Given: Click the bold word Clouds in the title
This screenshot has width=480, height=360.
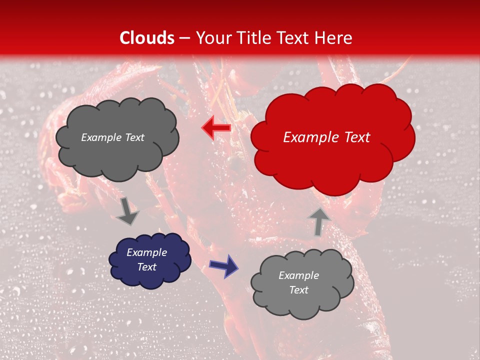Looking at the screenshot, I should [x=147, y=38].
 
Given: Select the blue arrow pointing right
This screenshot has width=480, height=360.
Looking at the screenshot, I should [x=224, y=265].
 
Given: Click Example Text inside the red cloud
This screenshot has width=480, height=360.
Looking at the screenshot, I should [x=326, y=137].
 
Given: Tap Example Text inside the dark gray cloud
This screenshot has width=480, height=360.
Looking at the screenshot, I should [x=112, y=137].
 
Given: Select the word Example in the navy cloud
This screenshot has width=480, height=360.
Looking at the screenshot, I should [x=146, y=252].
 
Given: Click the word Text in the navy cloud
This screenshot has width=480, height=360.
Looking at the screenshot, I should [x=146, y=267].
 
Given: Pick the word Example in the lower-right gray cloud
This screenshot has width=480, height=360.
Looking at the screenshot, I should [x=298, y=275].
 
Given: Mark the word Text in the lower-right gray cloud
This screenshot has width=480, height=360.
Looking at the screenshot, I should [x=298, y=290].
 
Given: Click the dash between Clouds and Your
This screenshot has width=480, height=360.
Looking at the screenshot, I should [x=184, y=38].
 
